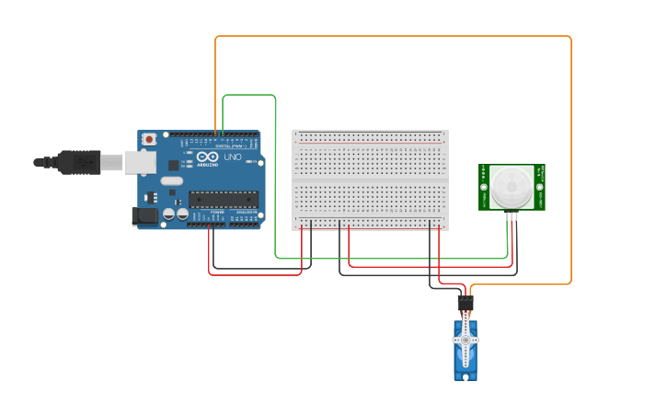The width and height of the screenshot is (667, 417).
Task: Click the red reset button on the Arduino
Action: click(x=149, y=139)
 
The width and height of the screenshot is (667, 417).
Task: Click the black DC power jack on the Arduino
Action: click(x=144, y=216)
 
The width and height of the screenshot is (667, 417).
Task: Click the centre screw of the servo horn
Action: click(x=466, y=340)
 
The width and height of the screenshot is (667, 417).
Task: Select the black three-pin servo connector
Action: click(x=466, y=302)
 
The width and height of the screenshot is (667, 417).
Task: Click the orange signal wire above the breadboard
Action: click(x=396, y=36)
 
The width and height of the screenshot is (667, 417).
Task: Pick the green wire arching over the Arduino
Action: click(x=248, y=94)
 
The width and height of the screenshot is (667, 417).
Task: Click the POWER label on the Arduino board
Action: click(x=217, y=213)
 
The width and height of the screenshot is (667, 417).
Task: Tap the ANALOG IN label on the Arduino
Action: click(x=246, y=213)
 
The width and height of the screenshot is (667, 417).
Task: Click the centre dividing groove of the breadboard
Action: click(x=370, y=180)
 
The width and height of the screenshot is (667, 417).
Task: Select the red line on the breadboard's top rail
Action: click(x=370, y=133)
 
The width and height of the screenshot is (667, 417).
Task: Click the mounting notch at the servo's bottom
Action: click(x=466, y=376)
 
